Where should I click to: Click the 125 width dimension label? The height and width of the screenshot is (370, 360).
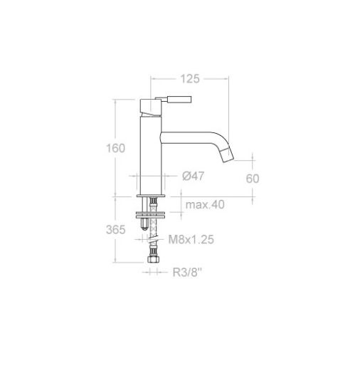pyautogui.click(x=190, y=79)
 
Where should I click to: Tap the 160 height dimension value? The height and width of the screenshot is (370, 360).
pyautogui.click(x=115, y=148)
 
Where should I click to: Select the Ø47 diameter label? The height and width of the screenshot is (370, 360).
pyautogui.click(x=193, y=176)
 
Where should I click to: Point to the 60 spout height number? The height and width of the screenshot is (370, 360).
pyautogui.click(x=253, y=179)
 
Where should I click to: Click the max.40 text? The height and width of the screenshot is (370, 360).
pyautogui.click(x=205, y=204)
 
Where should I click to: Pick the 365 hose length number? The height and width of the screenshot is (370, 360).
pyautogui.click(x=115, y=230)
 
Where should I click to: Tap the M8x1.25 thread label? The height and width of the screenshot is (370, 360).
pyautogui.click(x=191, y=239)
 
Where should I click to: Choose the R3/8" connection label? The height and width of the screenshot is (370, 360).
pyautogui.click(x=187, y=273)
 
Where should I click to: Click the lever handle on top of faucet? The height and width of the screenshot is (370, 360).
pyautogui.click(x=174, y=99)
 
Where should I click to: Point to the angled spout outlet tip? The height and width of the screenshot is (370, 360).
pyautogui.click(x=228, y=155)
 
